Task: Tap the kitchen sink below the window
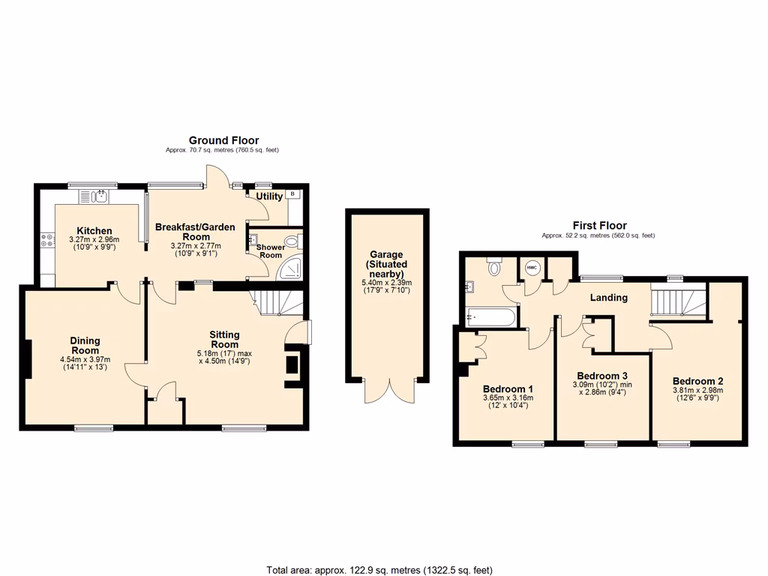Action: pyautogui.click(x=100, y=196)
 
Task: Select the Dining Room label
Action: pyautogui.click(x=85, y=346)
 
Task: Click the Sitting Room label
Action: pyautogui.click(x=224, y=340)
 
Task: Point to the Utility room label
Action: pyautogui.click(x=269, y=196)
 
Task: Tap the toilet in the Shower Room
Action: pyautogui.click(x=298, y=241)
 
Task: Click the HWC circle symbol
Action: pyautogui.click(x=532, y=268)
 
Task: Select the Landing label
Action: pyautogui.click(x=608, y=298)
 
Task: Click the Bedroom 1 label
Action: pyautogui.click(x=508, y=388)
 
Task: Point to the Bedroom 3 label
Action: pyautogui.click(x=602, y=376)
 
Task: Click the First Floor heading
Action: pyautogui.click(x=599, y=225)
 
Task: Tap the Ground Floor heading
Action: pyautogui.click(x=223, y=140)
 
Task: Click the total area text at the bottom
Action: pyautogui.click(x=379, y=570)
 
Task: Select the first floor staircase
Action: pyautogui.click(x=678, y=302)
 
